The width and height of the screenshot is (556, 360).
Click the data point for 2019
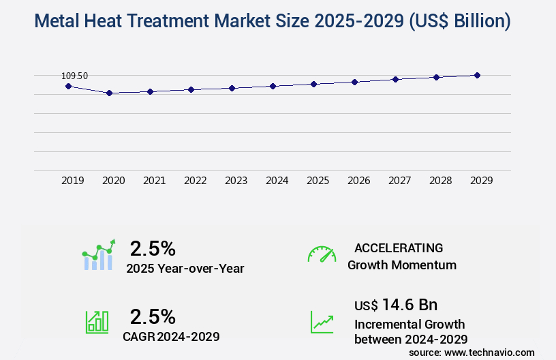click(x=68, y=87)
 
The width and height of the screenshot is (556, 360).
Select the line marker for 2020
click(x=109, y=93)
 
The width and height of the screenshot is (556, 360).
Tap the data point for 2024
click(x=273, y=86)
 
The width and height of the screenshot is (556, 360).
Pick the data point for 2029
click(x=477, y=75)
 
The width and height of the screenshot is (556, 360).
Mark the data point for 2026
click(x=354, y=82)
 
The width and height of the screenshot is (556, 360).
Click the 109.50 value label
click(x=74, y=76)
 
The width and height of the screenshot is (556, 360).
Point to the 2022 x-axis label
click(x=195, y=181)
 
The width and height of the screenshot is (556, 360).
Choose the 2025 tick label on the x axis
click(x=318, y=181)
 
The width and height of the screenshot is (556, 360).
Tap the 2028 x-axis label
click(x=440, y=181)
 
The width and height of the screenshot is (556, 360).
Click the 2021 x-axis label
click(x=154, y=181)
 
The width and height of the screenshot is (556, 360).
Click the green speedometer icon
click(x=322, y=254)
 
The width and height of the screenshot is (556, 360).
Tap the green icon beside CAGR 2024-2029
click(x=97, y=322)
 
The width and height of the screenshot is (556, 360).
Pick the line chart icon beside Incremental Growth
click(x=322, y=322)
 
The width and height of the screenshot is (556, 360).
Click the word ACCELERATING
click(x=399, y=248)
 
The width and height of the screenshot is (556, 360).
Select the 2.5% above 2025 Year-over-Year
click(x=153, y=248)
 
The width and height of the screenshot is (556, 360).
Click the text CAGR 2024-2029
click(x=171, y=336)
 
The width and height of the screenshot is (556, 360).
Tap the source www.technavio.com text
click(x=472, y=352)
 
